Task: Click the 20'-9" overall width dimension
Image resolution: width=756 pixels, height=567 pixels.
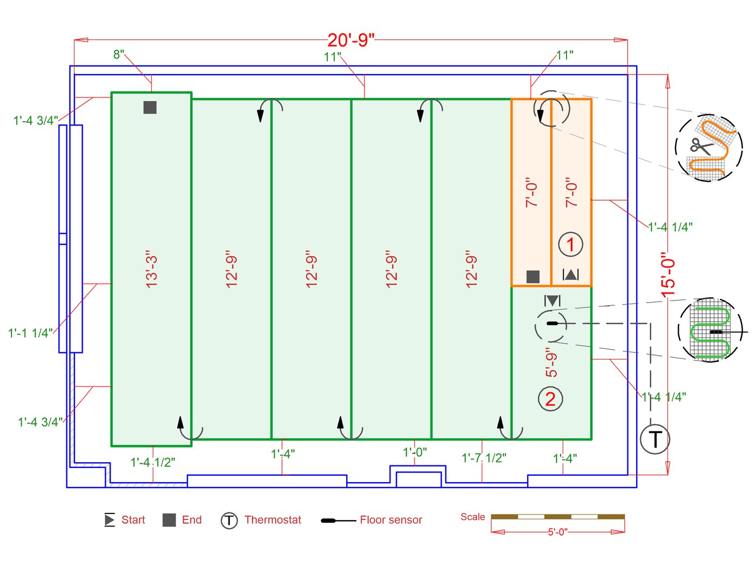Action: click(350, 40)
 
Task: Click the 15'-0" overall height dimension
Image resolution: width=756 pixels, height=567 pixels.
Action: click(668, 275)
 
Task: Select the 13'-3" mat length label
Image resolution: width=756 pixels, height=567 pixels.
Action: click(152, 269)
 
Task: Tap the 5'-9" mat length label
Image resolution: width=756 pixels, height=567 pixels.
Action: click(551, 363)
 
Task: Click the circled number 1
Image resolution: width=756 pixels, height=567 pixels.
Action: click(570, 244)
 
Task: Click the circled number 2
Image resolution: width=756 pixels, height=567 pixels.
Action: click(550, 399)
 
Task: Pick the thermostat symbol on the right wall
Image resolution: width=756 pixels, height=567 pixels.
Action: click(654, 439)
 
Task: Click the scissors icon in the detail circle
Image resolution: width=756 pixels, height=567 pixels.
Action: click(700, 146)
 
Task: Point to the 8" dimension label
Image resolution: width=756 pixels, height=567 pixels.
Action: click(119, 55)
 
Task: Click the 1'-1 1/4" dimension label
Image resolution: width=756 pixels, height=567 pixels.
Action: click(30, 333)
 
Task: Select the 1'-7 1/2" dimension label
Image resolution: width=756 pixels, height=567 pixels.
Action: click(484, 458)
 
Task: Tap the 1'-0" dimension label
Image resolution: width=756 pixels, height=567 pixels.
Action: click(415, 452)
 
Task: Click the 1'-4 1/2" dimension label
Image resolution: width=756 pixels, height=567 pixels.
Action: click(153, 463)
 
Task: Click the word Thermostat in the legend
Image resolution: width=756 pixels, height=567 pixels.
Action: click(273, 520)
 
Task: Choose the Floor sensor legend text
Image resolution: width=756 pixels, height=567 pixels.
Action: click(391, 520)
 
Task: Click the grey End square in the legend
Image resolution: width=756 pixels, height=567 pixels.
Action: click(169, 520)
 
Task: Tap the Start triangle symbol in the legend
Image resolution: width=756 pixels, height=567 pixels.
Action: click(110, 520)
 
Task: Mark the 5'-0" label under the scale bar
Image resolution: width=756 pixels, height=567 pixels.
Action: click(558, 532)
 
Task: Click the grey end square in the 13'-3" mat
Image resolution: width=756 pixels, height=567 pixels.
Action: click(150, 107)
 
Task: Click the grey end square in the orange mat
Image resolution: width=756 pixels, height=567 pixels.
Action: click(533, 277)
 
